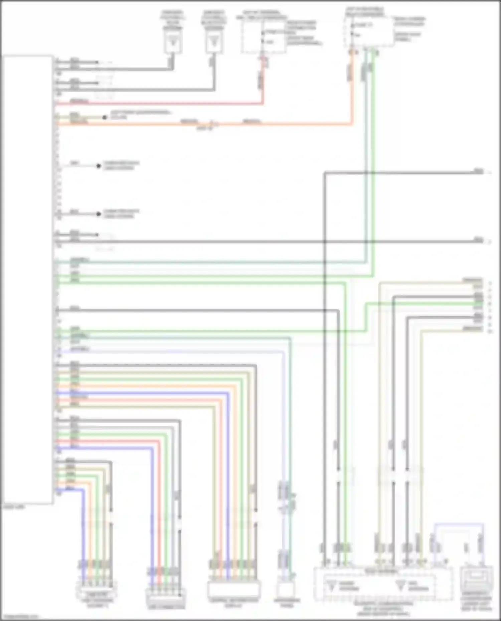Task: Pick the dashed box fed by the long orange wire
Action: (x=369, y=32)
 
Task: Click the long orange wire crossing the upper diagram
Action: (x=284, y=125)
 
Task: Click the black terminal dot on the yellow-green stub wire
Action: (x=105, y=117)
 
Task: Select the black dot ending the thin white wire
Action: (x=98, y=166)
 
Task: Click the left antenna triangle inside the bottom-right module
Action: (x=332, y=586)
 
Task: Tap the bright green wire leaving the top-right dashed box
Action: (x=373, y=167)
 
